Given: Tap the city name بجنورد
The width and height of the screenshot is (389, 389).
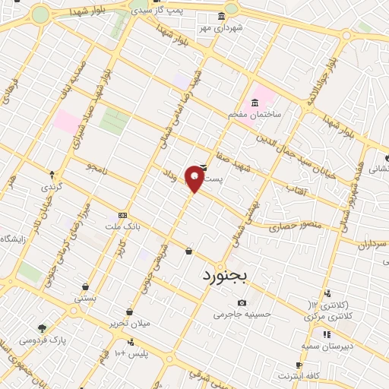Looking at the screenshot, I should [226, 277].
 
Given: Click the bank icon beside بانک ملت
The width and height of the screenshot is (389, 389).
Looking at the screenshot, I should [122, 216].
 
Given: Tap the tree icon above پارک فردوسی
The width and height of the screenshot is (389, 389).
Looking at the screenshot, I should [43, 328].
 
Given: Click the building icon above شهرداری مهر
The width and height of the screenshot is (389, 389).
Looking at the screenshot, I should [221, 16].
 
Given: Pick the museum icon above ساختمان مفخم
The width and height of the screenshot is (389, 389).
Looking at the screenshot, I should [255, 103].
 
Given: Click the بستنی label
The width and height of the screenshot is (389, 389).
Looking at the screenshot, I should [85, 299].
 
